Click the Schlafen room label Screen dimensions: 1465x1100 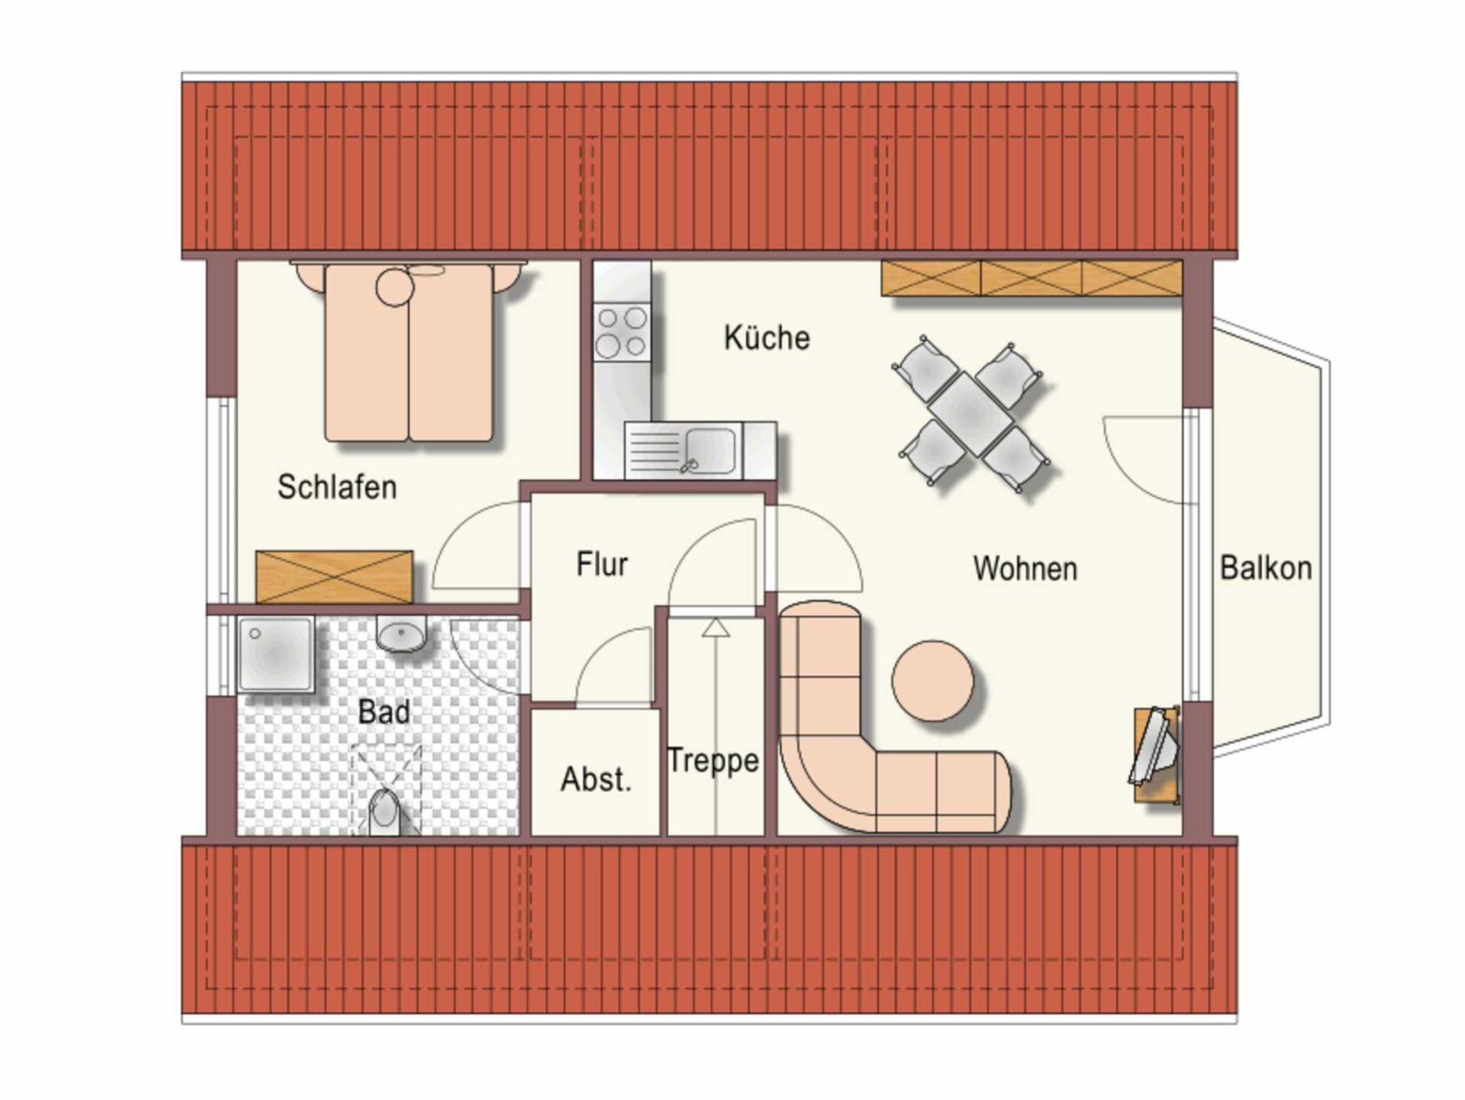click(337, 487)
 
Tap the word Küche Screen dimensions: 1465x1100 click(767, 338)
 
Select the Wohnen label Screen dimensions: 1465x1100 click(1025, 569)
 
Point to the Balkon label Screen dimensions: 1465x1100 click(1265, 568)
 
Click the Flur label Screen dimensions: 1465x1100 click(602, 564)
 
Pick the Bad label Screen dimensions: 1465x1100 click(384, 712)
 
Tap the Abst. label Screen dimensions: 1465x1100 click(596, 779)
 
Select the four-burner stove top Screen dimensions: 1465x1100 click(622, 332)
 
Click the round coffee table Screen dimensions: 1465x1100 click(933, 681)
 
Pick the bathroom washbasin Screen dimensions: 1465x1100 click(401, 635)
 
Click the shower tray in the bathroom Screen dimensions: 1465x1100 click(275, 654)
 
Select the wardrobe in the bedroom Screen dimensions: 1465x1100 click(334, 576)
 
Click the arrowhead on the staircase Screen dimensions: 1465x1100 click(715, 628)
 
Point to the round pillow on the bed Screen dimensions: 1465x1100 click(395, 287)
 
